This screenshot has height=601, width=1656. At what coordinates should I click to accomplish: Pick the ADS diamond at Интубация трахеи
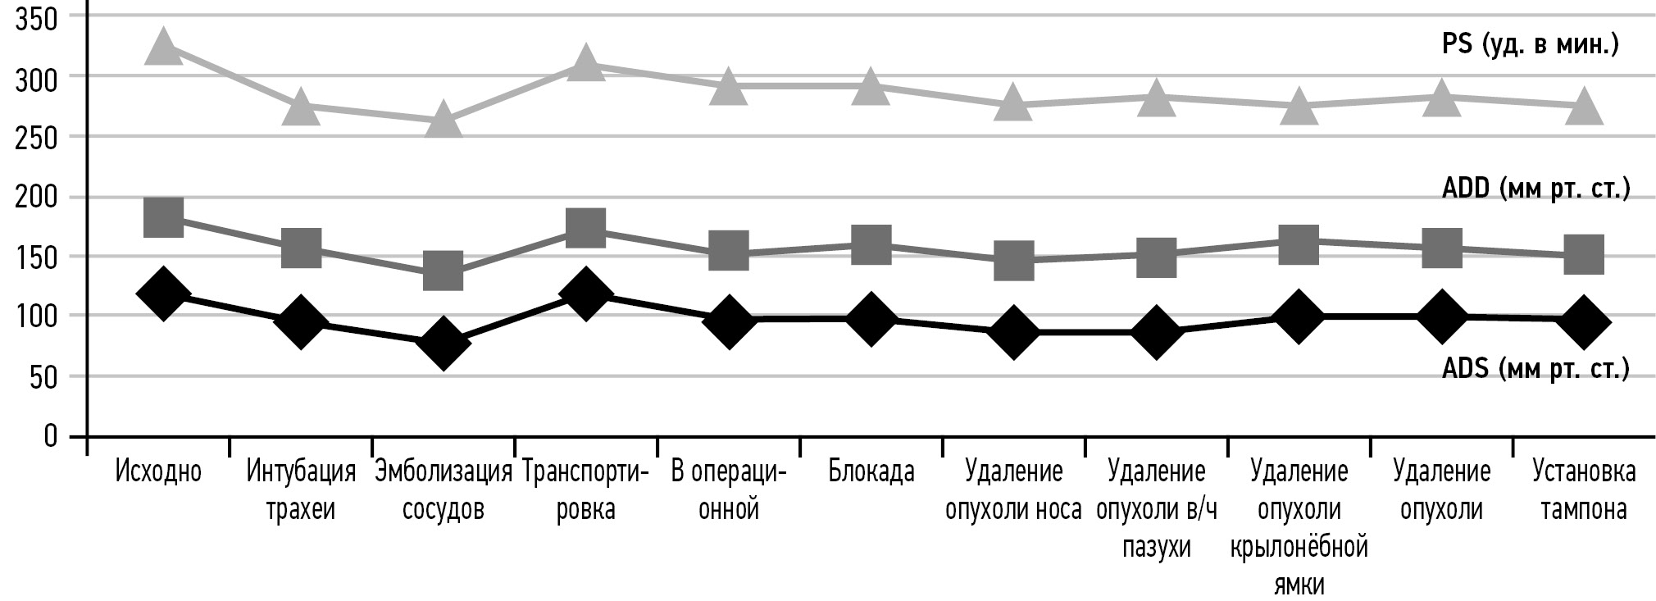click(x=301, y=322)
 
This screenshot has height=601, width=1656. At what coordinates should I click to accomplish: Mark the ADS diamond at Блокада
click(x=870, y=318)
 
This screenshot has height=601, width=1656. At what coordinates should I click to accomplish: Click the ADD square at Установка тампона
click(x=1583, y=254)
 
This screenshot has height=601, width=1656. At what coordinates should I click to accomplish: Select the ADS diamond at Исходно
click(x=162, y=293)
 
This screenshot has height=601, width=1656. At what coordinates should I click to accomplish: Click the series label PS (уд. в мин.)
click(x=1530, y=44)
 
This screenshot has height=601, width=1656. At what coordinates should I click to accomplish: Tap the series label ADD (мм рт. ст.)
click(x=1535, y=189)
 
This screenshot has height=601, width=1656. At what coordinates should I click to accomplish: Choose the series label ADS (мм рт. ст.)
click(x=1535, y=370)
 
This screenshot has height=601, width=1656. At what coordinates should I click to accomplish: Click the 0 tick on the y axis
click(x=51, y=436)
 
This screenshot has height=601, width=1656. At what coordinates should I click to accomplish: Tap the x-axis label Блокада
click(x=871, y=472)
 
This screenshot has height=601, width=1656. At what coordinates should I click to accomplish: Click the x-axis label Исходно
click(x=158, y=472)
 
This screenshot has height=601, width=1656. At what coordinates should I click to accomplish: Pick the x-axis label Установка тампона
click(x=1583, y=490)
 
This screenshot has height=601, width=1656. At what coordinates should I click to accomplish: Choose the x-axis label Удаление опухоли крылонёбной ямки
click(x=1299, y=528)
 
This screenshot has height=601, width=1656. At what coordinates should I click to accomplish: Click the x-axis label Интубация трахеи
click(x=301, y=490)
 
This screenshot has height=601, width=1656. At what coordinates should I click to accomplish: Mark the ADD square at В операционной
click(x=728, y=249)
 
